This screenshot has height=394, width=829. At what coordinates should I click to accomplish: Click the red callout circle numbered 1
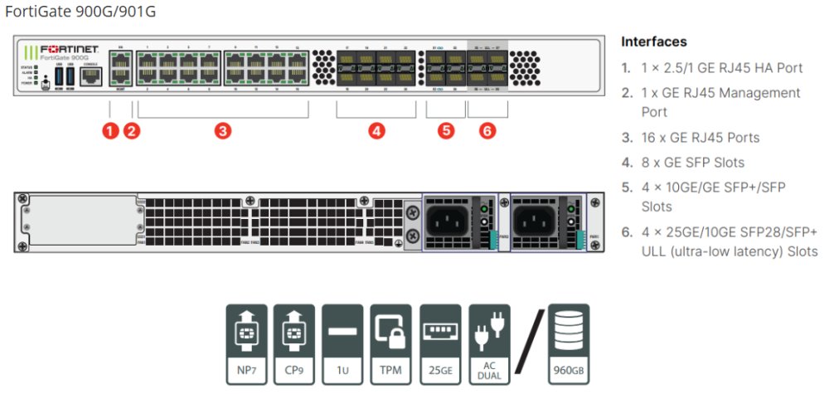[x=110, y=130]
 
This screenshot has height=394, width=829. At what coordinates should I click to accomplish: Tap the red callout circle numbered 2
[x=132, y=130]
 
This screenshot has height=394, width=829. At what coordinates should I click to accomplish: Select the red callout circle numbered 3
[x=221, y=130]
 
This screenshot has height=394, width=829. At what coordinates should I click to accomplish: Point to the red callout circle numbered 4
[x=376, y=130]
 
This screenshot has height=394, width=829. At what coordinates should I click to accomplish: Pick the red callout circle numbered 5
[x=446, y=130]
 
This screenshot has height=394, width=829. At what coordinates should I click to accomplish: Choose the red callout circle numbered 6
[x=487, y=130]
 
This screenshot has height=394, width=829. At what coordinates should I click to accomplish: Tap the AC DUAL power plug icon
[x=489, y=344]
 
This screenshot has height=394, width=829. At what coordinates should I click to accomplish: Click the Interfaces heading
[x=654, y=41]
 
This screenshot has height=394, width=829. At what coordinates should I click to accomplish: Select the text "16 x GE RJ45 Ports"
[x=701, y=138]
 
